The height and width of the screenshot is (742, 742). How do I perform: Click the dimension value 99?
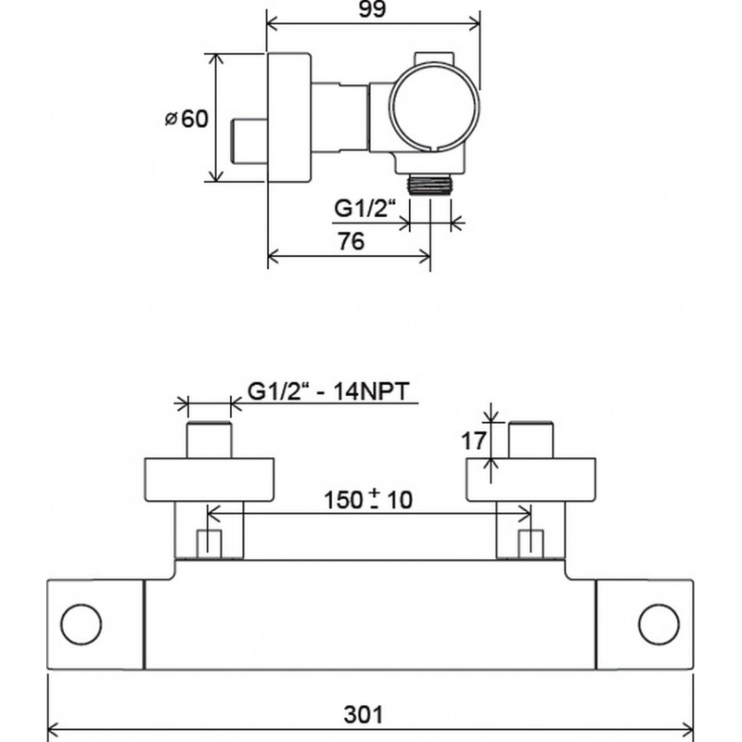(372, 9)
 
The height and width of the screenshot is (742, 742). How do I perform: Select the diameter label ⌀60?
(186, 119)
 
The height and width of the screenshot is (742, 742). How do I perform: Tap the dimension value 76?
(352, 241)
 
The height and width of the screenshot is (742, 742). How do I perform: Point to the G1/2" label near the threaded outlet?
(365, 208)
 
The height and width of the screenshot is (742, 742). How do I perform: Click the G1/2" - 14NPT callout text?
(328, 391)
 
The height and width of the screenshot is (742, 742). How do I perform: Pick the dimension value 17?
(473, 441)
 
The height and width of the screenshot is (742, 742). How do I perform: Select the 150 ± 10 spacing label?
(368, 500)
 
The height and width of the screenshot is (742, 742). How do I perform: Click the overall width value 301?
(363, 714)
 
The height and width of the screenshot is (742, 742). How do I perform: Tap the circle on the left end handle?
(81, 624)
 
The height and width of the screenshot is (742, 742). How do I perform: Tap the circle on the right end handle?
(659, 624)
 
